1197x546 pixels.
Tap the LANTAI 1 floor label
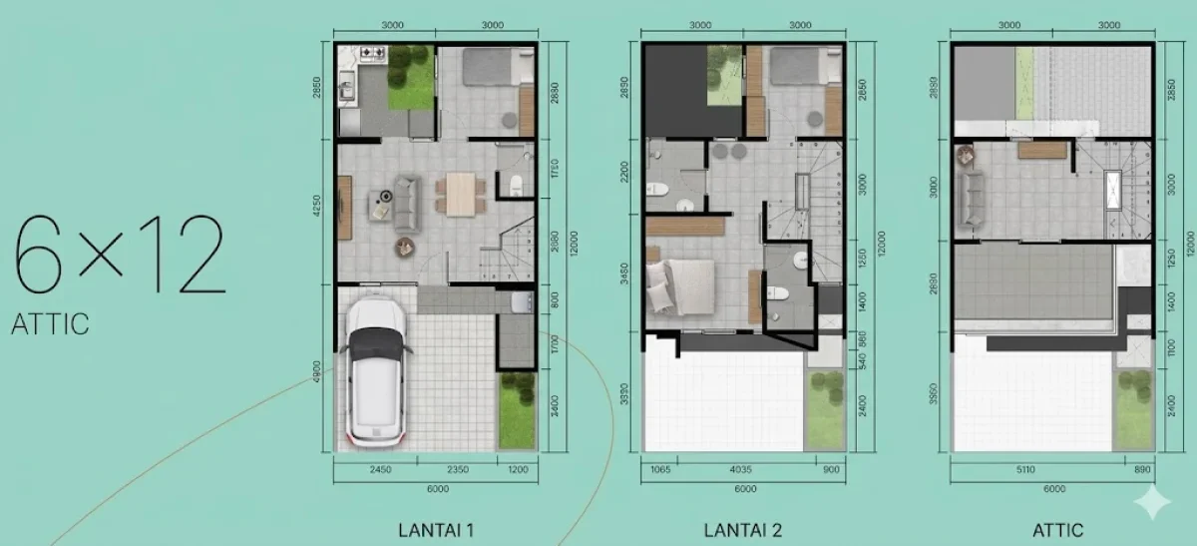[x=435, y=530]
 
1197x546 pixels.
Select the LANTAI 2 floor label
[x=744, y=530]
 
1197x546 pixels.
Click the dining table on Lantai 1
[x=460, y=193]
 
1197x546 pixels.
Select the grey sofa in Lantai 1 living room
[x=407, y=203]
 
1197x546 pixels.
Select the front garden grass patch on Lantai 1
[x=516, y=411]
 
